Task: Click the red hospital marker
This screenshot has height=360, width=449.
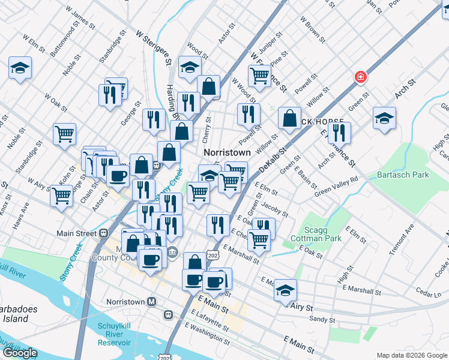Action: [360, 77]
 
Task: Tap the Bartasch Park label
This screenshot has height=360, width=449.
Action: [403, 175]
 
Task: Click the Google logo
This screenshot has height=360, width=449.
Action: [20, 353]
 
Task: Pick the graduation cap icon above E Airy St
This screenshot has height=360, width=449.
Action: [286, 290]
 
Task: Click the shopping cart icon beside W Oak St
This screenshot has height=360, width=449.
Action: [64, 134]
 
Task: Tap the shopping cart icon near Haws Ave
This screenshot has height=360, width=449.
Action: [61, 195]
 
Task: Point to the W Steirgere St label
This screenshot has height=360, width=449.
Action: [154, 49]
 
